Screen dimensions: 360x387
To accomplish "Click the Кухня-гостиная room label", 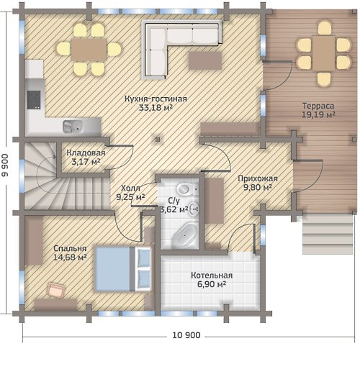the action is pos(156,99).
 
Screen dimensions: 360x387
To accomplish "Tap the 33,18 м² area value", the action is pos(156,108).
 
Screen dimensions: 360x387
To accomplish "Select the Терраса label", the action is pos(318,106).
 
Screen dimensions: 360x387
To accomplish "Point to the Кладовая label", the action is pos(86,152).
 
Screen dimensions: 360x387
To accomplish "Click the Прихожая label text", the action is pos(258,178).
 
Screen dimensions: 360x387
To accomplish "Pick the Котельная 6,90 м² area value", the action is pos(212,284).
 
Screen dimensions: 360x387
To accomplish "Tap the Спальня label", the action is pos(70,249).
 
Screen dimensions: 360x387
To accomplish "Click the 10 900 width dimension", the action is pos(186,335).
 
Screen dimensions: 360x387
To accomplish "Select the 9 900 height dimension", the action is pos(5,165).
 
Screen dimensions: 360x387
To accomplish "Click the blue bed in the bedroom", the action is pos(123,269).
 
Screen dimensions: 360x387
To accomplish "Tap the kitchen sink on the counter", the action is pos(73,127).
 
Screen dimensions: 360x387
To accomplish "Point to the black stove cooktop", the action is pos(34,100).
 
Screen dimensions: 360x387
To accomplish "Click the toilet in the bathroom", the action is pos(185,188).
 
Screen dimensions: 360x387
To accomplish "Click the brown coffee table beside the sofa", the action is pos(205,60).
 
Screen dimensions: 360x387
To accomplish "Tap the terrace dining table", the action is pos(324,53).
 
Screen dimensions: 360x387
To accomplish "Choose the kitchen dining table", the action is pos(89,50).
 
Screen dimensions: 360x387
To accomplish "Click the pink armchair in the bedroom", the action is pos(56,290).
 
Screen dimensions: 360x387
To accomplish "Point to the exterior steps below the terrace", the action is pos(328,234).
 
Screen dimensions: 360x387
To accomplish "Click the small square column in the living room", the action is pos(158,140).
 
